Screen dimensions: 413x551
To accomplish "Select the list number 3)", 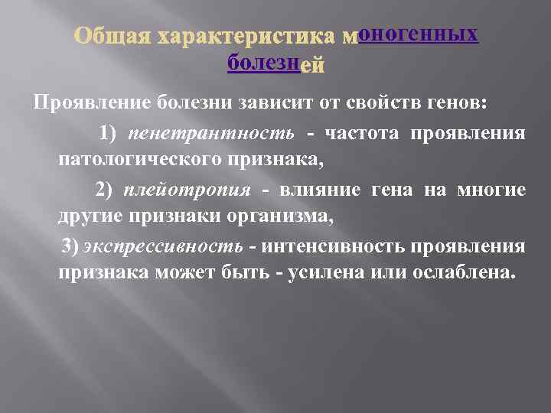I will pyautogui.click(x=70, y=246).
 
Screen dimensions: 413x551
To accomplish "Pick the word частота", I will pyautogui.click(x=361, y=133).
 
